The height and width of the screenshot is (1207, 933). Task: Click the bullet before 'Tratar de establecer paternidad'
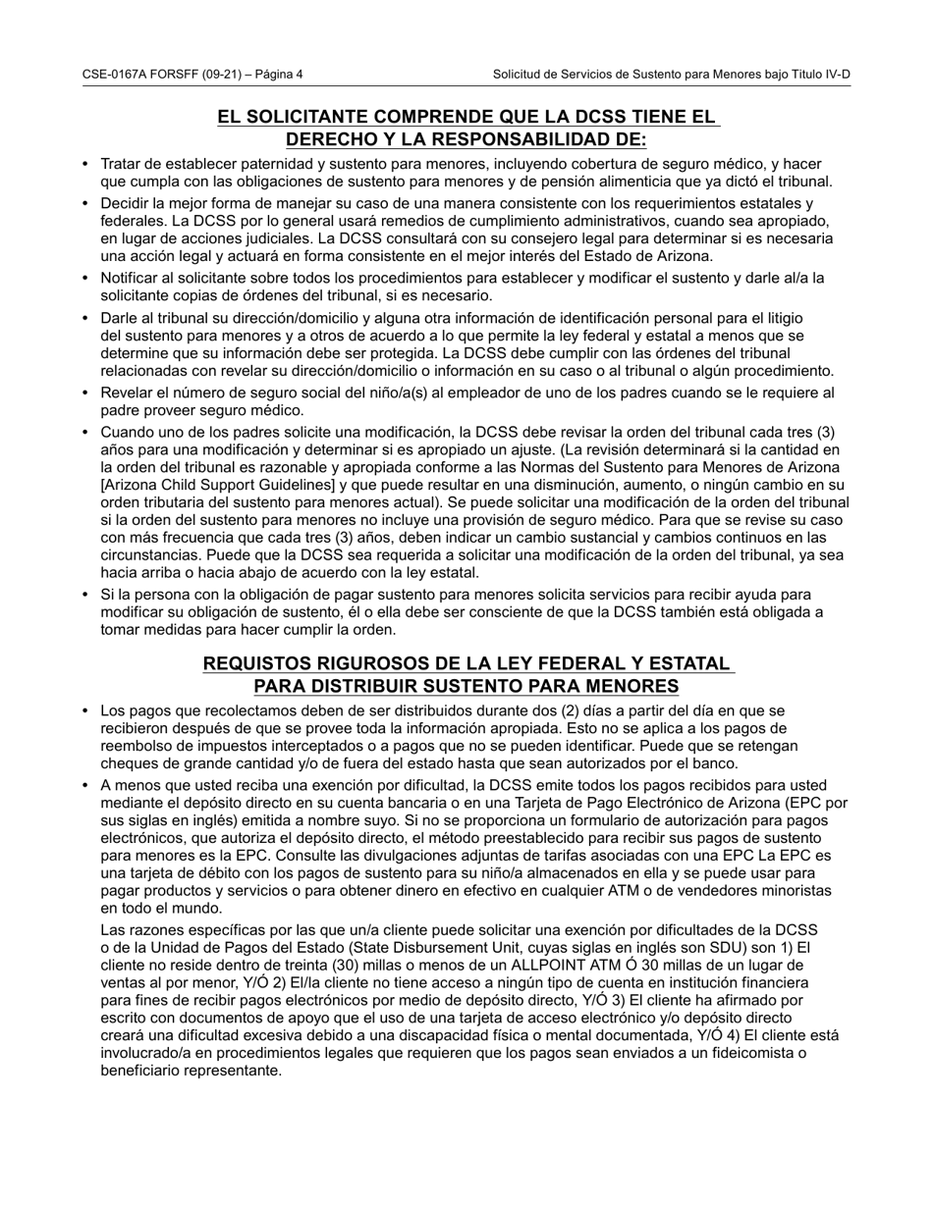[x=86, y=165]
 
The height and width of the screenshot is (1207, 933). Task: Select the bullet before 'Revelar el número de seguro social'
[x=86, y=394]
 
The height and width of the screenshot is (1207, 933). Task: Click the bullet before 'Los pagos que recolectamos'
[x=86, y=711]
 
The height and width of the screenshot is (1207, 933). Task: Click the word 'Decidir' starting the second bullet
[x=126, y=203]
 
